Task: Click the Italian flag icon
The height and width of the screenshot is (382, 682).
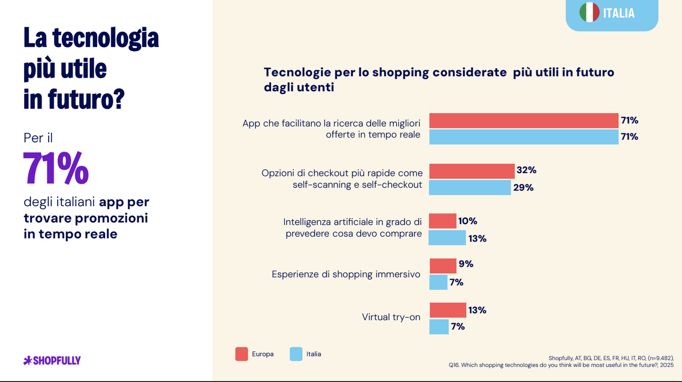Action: point(589,13)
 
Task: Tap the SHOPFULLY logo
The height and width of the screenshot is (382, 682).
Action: point(52,361)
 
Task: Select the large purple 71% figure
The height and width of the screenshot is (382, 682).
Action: point(56,168)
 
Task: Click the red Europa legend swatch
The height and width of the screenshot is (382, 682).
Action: point(241,354)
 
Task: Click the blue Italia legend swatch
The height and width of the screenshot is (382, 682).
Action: point(296,354)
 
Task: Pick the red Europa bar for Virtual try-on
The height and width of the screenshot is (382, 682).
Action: point(448,310)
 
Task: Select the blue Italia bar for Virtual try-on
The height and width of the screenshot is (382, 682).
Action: point(439,326)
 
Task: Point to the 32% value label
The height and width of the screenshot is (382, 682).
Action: point(526,170)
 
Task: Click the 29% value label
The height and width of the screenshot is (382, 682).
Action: point(523,187)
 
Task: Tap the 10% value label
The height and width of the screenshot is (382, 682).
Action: point(468,221)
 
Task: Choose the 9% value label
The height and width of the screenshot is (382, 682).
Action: point(466,264)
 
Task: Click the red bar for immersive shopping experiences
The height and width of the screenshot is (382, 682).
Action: point(443,266)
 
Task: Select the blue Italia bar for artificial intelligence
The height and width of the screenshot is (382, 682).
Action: point(447,238)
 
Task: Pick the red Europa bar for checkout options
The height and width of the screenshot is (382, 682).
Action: point(472,171)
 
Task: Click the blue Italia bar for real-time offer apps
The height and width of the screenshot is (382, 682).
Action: point(524,137)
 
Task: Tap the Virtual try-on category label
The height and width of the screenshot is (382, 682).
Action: point(391,317)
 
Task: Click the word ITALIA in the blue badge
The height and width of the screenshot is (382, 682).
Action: point(619,13)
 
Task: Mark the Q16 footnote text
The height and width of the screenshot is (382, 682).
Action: point(561,365)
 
